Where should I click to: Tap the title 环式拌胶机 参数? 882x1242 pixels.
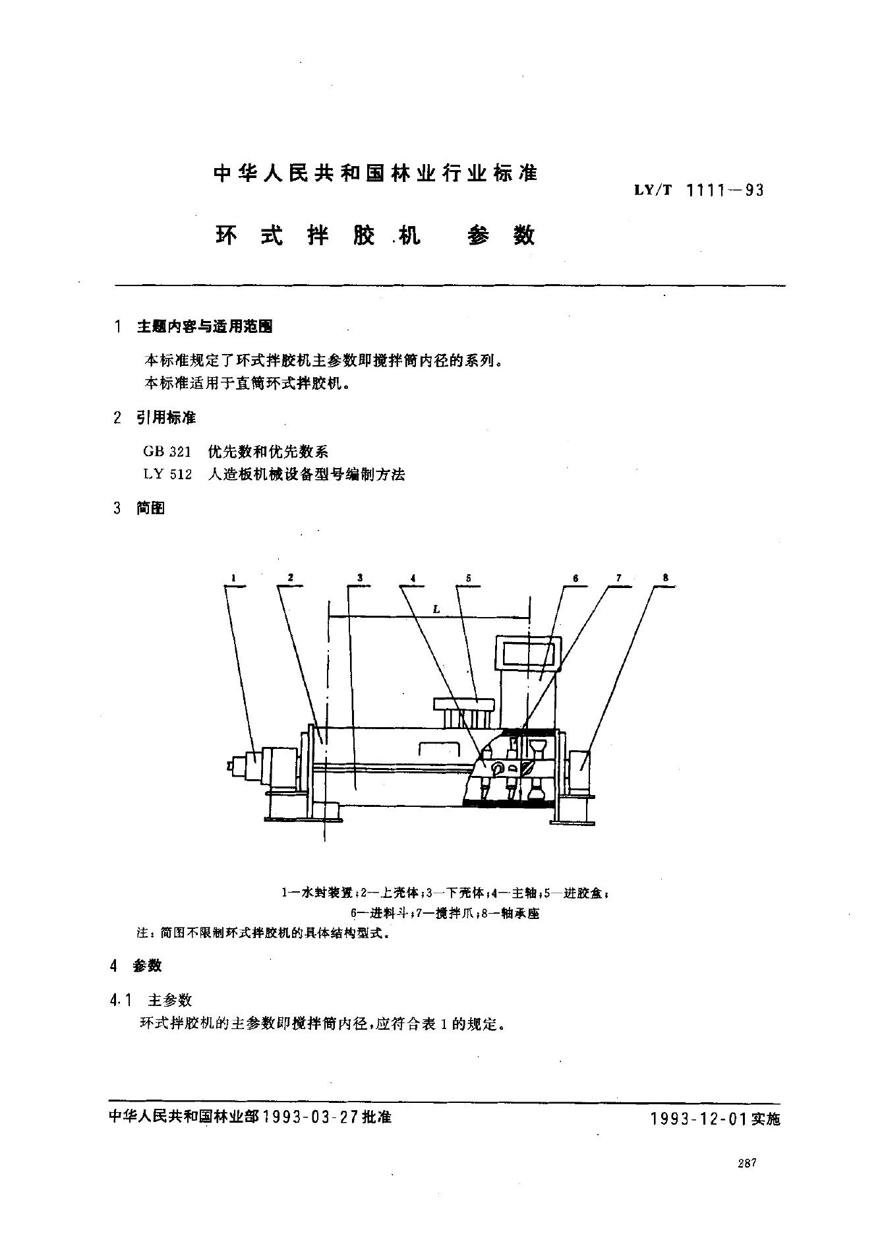[x=375, y=235]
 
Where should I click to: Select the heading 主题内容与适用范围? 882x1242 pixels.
[x=204, y=326]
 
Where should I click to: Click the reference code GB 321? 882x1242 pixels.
[x=167, y=452]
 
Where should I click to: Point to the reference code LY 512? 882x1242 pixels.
[x=167, y=474]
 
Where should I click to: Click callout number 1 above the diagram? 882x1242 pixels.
[x=233, y=578]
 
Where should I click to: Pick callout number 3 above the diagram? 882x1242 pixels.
[x=360, y=578]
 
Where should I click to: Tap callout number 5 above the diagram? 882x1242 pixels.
[x=468, y=578]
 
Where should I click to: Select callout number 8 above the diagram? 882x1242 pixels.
[x=666, y=578]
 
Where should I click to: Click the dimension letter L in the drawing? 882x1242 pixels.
[x=436, y=610]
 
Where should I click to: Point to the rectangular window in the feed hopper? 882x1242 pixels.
[x=529, y=653]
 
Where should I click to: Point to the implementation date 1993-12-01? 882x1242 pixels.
[x=699, y=1119]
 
